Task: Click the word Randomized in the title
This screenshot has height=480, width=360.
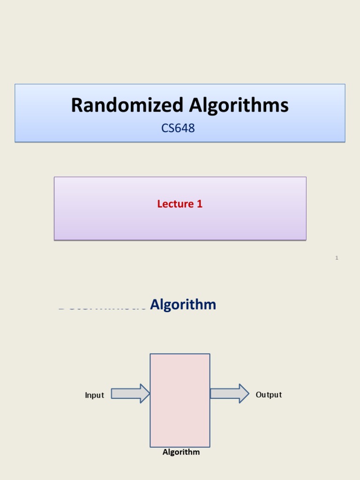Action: pyautogui.click(x=127, y=105)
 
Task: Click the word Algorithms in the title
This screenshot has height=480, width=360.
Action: pyautogui.click(x=239, y=106)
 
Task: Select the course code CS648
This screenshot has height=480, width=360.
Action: pyautogui.click(x=178, y=127)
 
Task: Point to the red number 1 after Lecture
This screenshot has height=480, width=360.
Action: pyautogui.click(x=200, y=204)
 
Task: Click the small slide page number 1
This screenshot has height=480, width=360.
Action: pyautogui.click(x=337, y=258)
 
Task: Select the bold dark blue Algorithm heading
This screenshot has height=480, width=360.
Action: pyautogui.click(x=183, y=305)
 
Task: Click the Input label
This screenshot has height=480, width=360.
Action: pyautogui.click(x=94, y=395)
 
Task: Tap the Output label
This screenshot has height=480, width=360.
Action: pyautogui.click(x=269, y=395)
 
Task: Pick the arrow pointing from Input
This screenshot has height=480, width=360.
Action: pyautogui.click(x=130, y=394)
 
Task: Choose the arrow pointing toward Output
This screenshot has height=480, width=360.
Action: pyautogui.click(x=229, y=394)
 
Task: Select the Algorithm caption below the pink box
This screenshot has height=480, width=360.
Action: pyautogui.click(x=181, y=452)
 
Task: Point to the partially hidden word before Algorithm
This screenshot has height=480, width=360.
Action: pyautogui.click(x=102, y=307)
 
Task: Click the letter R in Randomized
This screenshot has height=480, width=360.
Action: pyautogui.click(x=77, y=105)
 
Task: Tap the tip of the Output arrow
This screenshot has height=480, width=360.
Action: pyautogui.click(x=248, y=394)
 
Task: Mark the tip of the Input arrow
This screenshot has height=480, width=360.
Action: pyautogui.click(x=149, y=394)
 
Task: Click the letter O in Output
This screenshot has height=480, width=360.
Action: pyautogui.click(x=258, y=395)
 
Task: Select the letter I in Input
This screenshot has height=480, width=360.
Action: pyautogui.click(x=86, y=395)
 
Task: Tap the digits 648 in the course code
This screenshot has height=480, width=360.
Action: pyautogui.click(x=185, y=127)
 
